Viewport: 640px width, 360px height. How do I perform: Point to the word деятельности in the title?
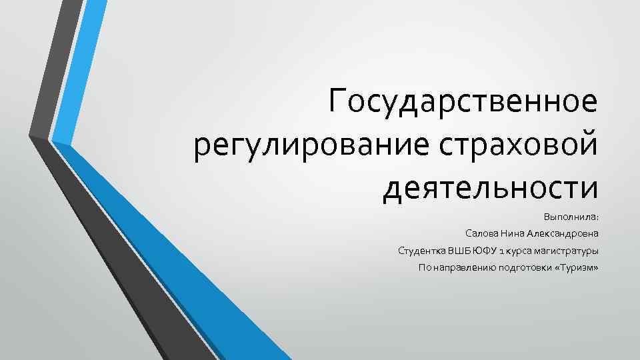491,186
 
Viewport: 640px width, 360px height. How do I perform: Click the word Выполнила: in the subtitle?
571,217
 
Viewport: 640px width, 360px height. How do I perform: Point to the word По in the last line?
424,268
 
